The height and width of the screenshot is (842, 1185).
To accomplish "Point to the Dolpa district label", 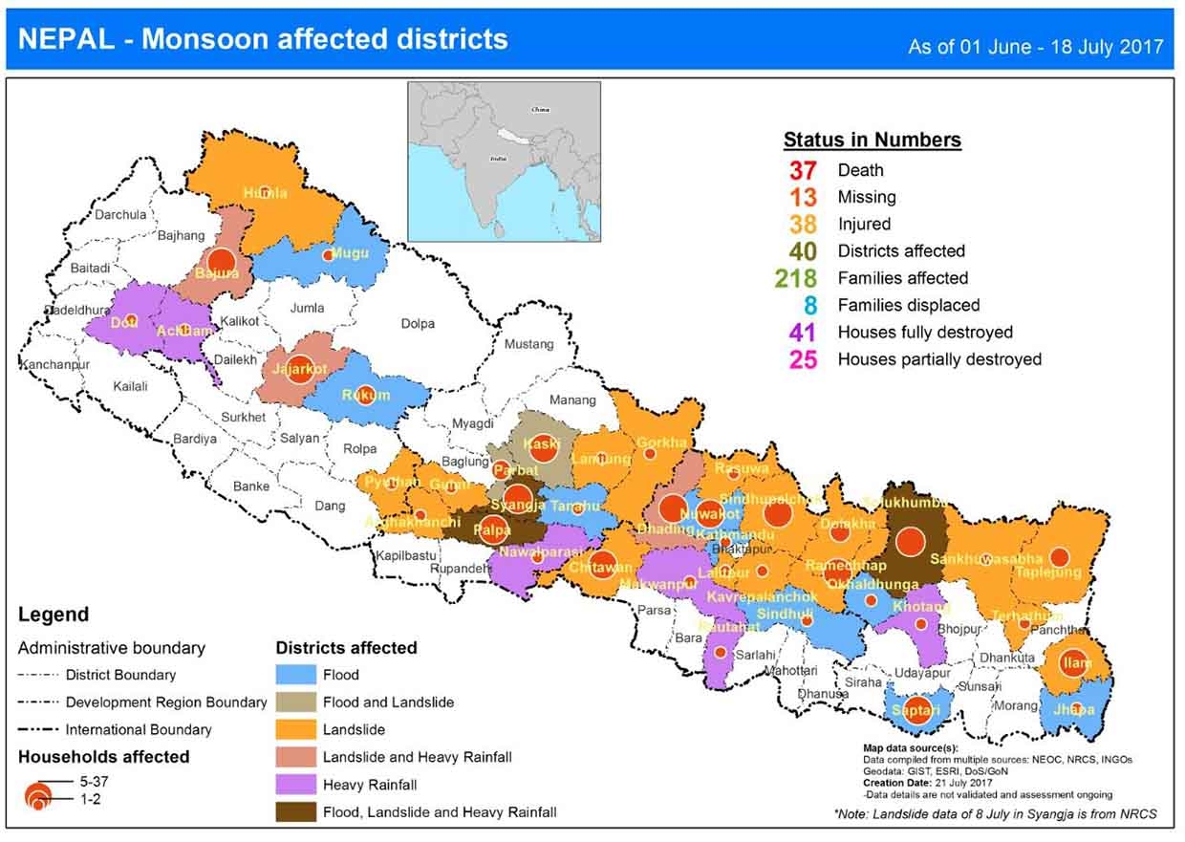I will [x=418, y=323].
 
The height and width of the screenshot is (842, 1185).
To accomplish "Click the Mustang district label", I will [x=528, y=343].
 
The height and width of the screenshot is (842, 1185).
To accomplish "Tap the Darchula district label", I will [x=121, y=215].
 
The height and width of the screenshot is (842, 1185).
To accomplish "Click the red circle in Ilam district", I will [x=1075, y=662].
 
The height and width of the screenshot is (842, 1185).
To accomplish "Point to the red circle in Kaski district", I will [x=543, y=446].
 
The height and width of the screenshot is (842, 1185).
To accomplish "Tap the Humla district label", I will [x=265, y=193].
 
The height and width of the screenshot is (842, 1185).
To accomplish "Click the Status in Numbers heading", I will [x=872, y=140].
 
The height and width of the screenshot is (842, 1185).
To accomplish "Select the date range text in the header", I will [x=1035, y=46].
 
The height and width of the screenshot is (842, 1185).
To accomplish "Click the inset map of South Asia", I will [x=504, y=161].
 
